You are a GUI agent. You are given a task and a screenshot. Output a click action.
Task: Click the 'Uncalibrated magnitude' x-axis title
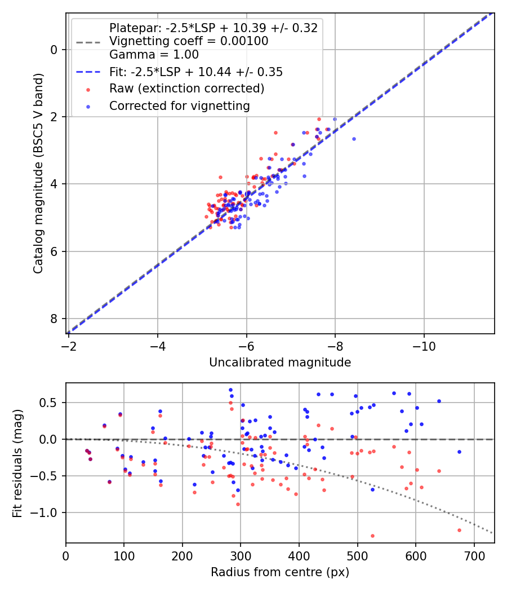[x=280, y=363]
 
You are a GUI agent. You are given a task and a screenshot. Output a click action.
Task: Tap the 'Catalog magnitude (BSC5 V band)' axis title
[x=38, y=173]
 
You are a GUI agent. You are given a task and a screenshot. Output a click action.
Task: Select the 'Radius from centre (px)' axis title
[x=280, y=572]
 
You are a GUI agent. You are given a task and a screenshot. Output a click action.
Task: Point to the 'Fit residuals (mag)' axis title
[x=17, y=463]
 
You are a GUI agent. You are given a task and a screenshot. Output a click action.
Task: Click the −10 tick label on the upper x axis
[x=424, y=346]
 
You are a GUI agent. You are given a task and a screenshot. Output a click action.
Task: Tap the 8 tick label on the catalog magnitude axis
[x=54, y=319]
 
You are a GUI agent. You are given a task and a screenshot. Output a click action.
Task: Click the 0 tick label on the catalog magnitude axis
[x=54, y=50]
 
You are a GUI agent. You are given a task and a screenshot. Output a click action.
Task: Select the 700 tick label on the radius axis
[x=474, y=556]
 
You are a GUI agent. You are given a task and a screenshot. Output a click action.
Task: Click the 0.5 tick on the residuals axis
[x=48, y=403]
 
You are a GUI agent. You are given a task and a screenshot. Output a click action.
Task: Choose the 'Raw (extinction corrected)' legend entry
[x=186, y=89]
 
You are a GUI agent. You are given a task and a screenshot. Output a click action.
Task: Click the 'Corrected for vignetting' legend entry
[x=180, y=106]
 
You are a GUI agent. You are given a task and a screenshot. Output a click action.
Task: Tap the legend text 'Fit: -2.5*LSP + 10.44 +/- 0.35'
[x=196, y=72]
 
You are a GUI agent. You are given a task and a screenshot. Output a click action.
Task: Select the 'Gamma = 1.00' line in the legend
[x=154, y=54]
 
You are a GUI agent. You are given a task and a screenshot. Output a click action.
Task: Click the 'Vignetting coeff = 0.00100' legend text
[x=189, y=41]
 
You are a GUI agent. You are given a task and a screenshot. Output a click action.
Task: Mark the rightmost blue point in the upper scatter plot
[x=354, y=139]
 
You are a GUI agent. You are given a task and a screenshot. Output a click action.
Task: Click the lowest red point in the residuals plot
[x=372, y=536]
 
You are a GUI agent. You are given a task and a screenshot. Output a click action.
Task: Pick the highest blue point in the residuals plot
[x=230, y=390]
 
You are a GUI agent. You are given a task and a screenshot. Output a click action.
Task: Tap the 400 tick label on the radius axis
[x=299, y=556]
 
